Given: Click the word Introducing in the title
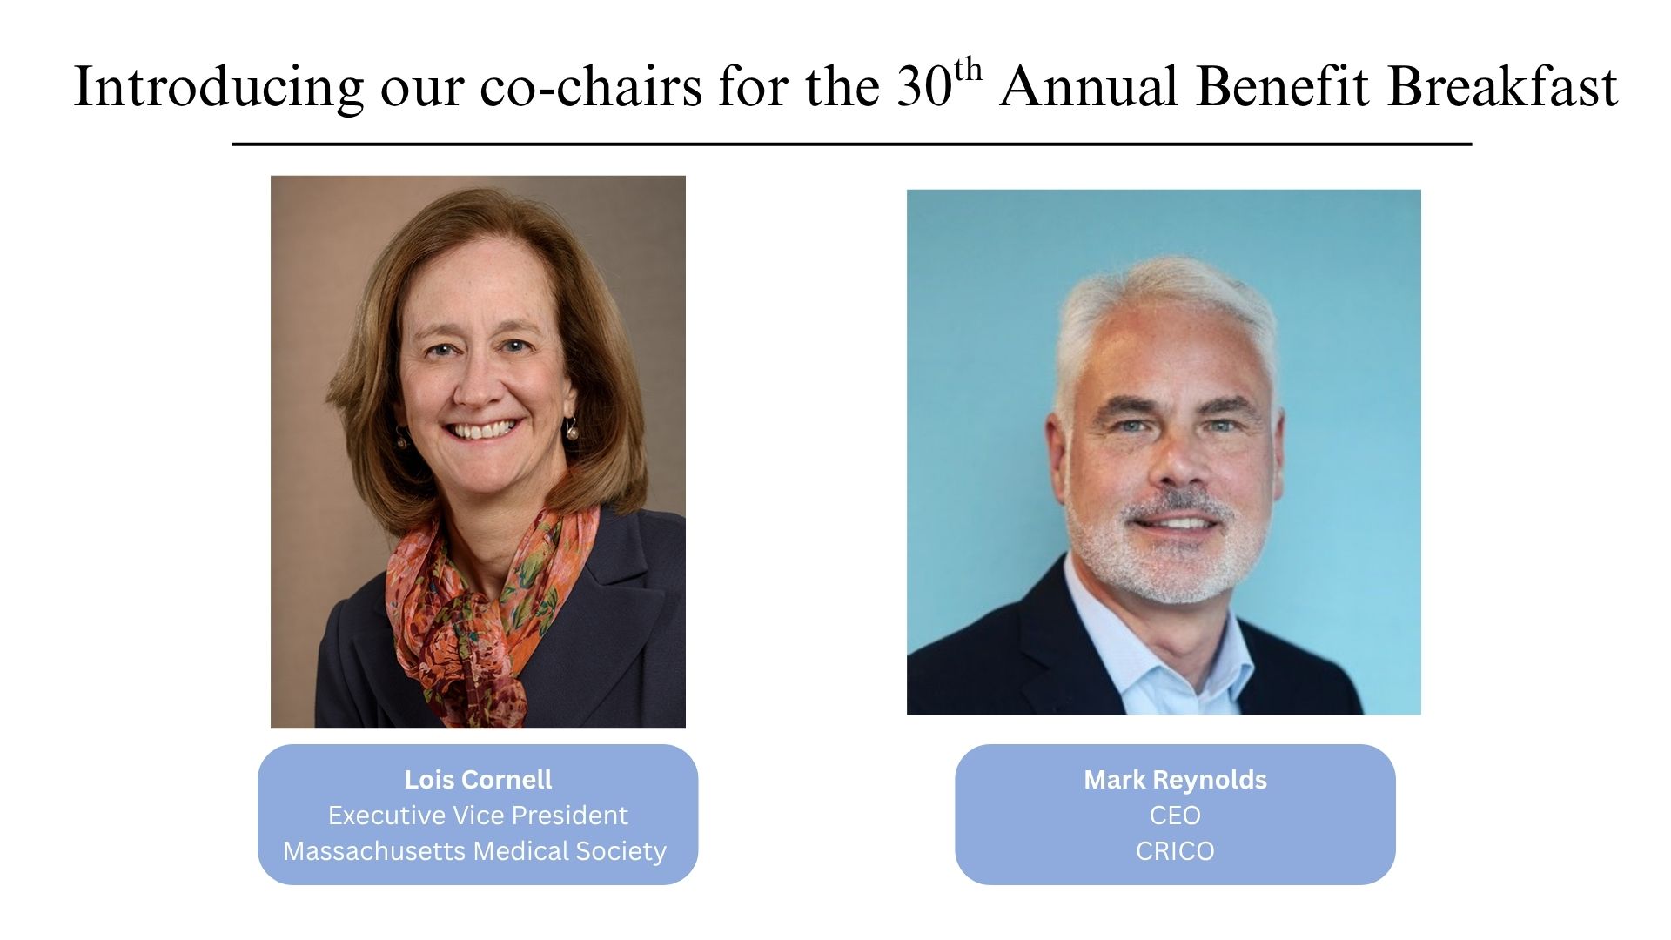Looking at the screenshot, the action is (x=218, y=87).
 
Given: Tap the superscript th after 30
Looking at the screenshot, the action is (x=967, y=69).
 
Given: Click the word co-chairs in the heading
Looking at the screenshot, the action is (x=591, y=87).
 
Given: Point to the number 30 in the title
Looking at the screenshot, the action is (x=924, y=86).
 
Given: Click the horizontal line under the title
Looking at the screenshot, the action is (x=852, y=144).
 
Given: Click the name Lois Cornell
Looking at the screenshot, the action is (x=478, y=779).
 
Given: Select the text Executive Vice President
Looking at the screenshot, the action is (x=478, y=815).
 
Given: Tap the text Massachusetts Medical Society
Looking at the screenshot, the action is (x=475, y=850).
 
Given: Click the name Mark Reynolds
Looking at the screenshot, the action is (x=1175, y=779).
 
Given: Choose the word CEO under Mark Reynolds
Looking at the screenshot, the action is (x=1175, y=815).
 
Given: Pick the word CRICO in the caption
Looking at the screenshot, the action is (x=1175, y=850).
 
